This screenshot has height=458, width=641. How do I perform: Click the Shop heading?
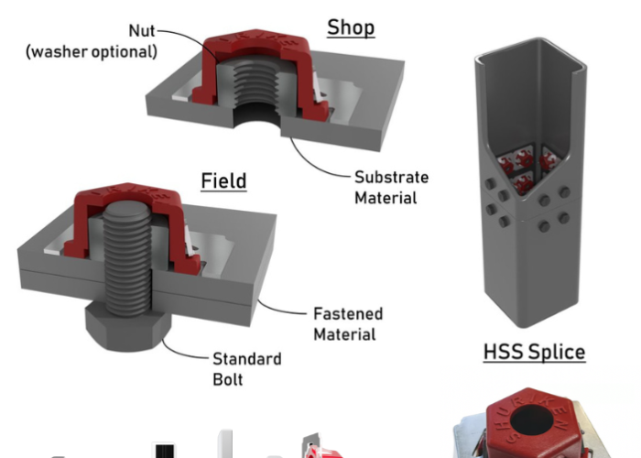click(x=351, y=27)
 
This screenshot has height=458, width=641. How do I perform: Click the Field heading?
click(x=223, y=180)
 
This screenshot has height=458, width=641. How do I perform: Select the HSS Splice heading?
click(x=534, y=351)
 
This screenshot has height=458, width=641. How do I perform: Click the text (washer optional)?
click(x=92, y=51)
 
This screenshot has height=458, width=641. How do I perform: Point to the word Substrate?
click(x=391, y=177)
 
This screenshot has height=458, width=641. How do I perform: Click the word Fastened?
click(x=348, y=313)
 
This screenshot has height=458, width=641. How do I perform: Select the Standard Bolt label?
click(x=247, y=368)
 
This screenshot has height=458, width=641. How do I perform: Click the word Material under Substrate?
click(x=385, y=197)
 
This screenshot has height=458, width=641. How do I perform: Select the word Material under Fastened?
click(x=344, y=334)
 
